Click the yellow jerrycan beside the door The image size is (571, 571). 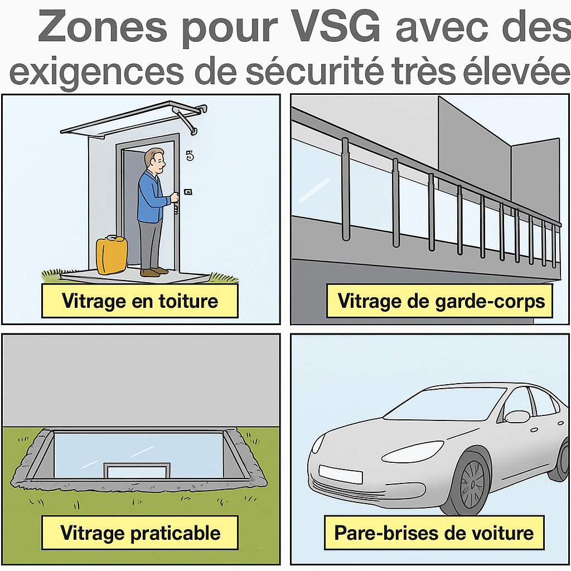[x=112, y=255]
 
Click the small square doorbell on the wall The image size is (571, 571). [x=188, y=192]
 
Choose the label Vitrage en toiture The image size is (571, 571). [x=140, y=301]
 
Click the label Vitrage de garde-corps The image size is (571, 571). [x=440, y=301]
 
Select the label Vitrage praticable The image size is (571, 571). [x=140, y=533]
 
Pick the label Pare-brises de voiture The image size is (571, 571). [x=434, y=533]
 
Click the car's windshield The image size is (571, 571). [x=444, y=404]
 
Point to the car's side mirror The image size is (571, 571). [x=517, y=416]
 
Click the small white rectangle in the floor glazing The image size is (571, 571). [x=137, y=471]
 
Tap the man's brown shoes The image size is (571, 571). [x=154, y=272]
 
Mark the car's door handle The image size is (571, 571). [x=534, y=430]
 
